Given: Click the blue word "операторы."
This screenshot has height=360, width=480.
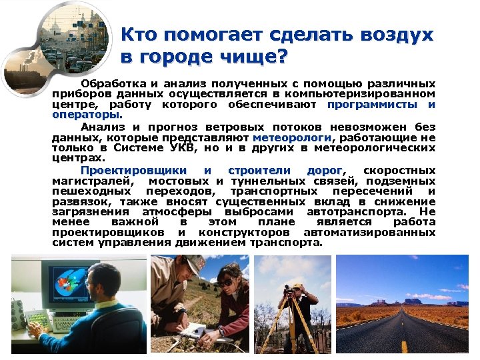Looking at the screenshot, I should pos(78,114).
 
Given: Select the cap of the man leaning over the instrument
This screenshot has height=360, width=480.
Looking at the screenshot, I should pos(193,263).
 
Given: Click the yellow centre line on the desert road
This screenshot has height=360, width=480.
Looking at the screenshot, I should pos(405,344).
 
